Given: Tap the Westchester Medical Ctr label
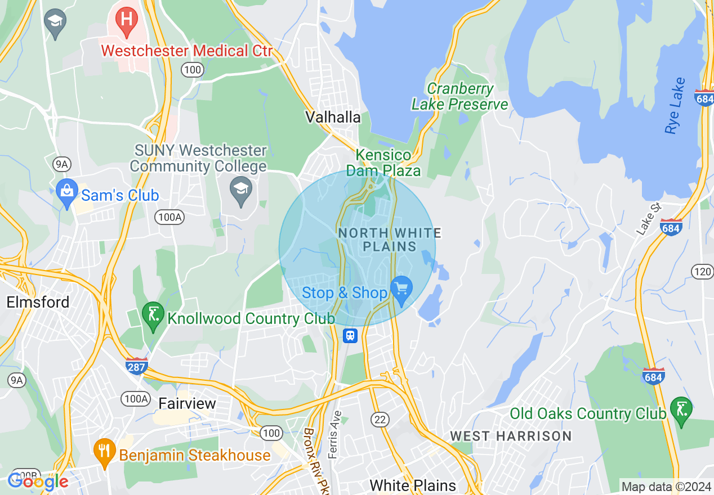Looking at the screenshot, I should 186,51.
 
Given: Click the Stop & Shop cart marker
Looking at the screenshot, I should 401,290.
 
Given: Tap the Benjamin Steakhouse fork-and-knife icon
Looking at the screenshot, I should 104,452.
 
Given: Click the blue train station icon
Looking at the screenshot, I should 350,336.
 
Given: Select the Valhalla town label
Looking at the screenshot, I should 333,117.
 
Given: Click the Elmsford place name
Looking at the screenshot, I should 38,302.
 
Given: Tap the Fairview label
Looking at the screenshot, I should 187,403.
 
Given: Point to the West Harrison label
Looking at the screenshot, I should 511,436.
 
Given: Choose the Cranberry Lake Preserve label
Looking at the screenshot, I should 459,97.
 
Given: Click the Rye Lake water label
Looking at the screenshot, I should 675,106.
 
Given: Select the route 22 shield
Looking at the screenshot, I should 380,418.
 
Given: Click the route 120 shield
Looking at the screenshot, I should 702,272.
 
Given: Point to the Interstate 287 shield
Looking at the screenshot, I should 136,366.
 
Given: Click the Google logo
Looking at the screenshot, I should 38,481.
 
